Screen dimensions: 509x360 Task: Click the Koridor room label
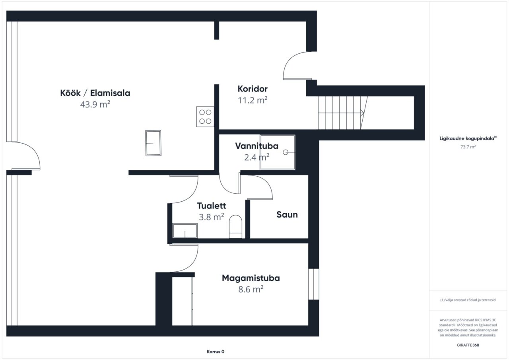point(253,89)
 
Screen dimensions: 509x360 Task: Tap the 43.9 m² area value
point(95,105)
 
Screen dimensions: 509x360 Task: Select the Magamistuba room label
point(251,278)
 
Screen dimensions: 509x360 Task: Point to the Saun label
point(287,214)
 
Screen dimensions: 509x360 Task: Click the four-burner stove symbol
point(205,117)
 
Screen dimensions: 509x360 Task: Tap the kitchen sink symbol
point(153,143)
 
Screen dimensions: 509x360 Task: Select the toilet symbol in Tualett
point(235,227)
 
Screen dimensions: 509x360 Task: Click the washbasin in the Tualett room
point(185,231)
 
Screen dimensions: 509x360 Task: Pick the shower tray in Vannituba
point(278,152)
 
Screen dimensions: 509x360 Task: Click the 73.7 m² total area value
point(468,147)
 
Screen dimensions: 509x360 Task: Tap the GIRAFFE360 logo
point(468,345)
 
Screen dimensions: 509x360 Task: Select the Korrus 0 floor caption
point(216,352)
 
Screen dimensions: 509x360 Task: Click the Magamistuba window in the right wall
point(314,284)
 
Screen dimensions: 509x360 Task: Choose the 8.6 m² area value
point(251,290)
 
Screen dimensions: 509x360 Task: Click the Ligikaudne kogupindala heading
point(468,138)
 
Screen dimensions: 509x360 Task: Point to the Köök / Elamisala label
point(95,93)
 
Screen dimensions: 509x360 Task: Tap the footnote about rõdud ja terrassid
point(468,300)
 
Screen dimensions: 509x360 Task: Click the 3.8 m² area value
point(211,217)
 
